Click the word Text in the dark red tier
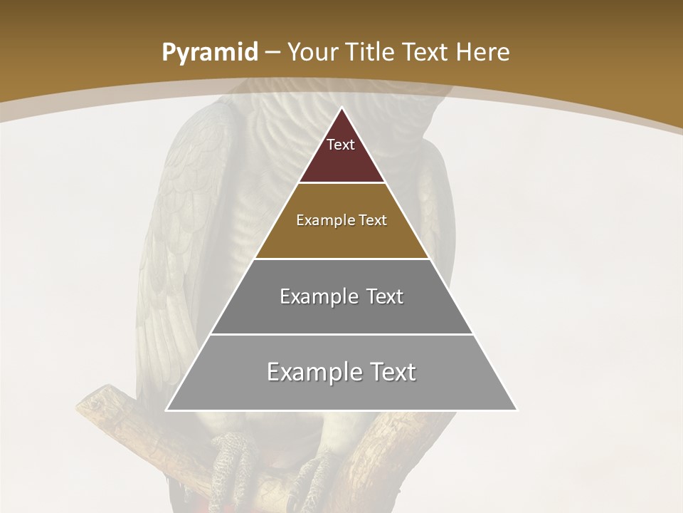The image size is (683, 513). coord(341,145)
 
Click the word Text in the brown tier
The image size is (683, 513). coord(371,220)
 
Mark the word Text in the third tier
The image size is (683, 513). coord(381,296)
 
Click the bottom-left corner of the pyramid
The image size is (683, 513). coord(167,410)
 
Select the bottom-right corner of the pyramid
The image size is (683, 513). coord(517,410)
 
